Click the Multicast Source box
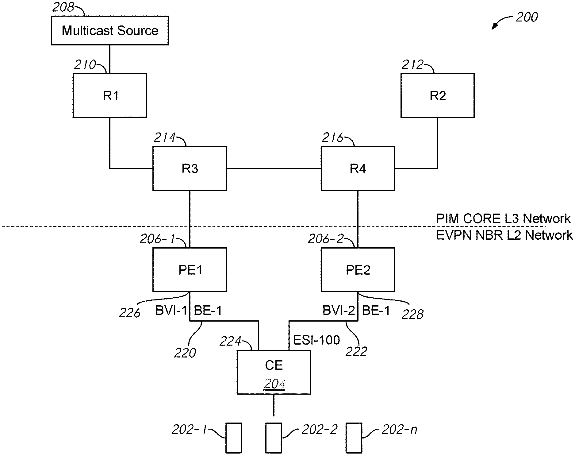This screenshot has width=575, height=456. (x=110, y=31)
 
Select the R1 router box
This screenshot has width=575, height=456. (x=110, y=95)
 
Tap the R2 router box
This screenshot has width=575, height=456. (x=438, y=95)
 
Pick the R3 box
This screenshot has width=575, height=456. (x=190, y=168)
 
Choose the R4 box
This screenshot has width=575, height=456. (x=358, y=168)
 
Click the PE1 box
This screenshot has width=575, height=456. (x=190, y=270)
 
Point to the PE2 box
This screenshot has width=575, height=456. (x=358, y=270)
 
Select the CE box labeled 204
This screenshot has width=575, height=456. (x=274, y=372)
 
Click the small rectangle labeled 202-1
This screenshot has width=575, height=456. (x=234, y=438)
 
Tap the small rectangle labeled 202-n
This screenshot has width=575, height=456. (x=354, y=438)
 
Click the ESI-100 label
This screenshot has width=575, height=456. (x=316, y=340)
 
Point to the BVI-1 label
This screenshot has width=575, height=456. (x=171, y=311)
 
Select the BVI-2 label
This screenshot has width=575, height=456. (x=339, y=311)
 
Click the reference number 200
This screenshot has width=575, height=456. (x=527, y=17)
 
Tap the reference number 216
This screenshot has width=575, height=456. (x=332, y=138)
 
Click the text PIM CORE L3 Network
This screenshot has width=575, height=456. (x=503, y=219)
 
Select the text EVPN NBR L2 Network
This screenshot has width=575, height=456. (x=504, y=235)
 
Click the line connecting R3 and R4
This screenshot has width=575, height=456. (x=274, y=168)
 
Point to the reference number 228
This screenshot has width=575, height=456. (x=412, y=314)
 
